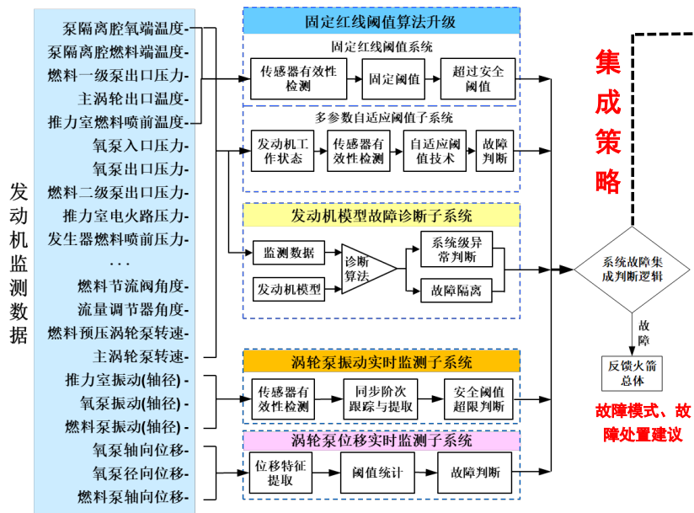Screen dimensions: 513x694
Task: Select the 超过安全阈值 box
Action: click(477, 79)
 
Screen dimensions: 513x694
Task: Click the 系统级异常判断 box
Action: click(454, 250)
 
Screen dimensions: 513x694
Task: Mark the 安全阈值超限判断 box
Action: click(477, 399)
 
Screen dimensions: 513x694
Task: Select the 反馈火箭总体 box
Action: click(632, 373)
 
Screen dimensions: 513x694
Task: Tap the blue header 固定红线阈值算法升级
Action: click(381, 21)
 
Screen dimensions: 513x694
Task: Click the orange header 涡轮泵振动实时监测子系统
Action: click(381, 362)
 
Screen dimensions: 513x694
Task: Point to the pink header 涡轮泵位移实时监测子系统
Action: click(381, 441)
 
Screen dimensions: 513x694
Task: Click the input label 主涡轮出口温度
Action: click(131, 98)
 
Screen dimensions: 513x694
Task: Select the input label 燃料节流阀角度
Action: click(131, 286)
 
